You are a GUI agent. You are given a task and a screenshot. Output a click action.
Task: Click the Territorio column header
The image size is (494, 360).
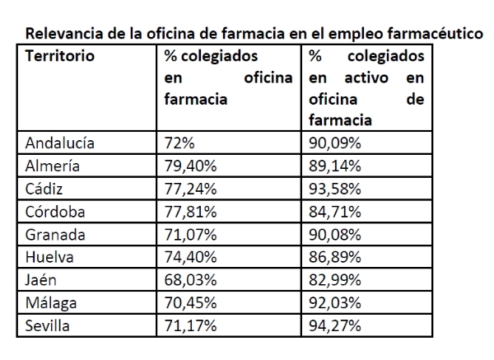click(x=59, y=57)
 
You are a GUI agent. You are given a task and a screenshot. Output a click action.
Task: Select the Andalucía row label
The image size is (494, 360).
click(x=60, y=143)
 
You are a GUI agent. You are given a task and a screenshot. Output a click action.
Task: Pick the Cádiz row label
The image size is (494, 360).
click(x=45, y=188)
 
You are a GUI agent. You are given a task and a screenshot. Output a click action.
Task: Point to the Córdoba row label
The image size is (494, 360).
click(x=55, y=211)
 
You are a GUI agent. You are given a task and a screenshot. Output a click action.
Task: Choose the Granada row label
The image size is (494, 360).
click(x=55, y=234)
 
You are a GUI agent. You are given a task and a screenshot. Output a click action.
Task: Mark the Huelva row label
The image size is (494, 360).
click(x=50, y=257)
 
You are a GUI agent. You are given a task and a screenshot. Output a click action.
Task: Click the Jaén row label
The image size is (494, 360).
click(x=42, y=280)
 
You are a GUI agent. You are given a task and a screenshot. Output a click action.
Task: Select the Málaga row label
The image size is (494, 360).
click(x=52, y=302)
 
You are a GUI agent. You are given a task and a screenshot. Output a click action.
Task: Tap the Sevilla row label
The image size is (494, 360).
click(x=49, y=325)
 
